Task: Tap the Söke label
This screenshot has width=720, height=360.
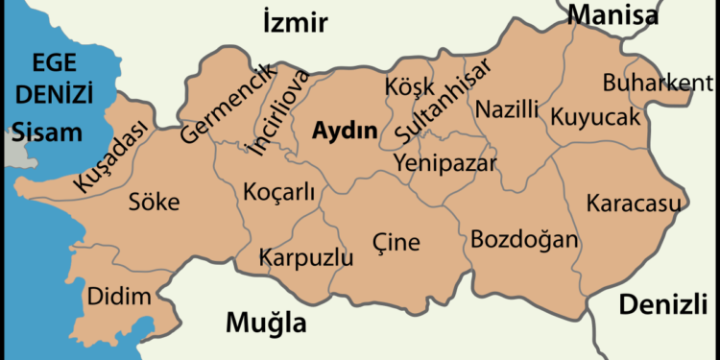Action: click(154, 202)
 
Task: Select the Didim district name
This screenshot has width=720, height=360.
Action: click(119, 297)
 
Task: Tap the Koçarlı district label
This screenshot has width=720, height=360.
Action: click(279, 190)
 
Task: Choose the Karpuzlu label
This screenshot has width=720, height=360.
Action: click(306, 257)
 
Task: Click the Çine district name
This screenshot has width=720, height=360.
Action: click(396, 243)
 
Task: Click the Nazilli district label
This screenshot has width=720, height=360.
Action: click(507, 108)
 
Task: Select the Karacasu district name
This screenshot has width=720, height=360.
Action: click(633, 203)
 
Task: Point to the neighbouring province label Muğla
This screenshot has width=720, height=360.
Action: click(266, 323)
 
